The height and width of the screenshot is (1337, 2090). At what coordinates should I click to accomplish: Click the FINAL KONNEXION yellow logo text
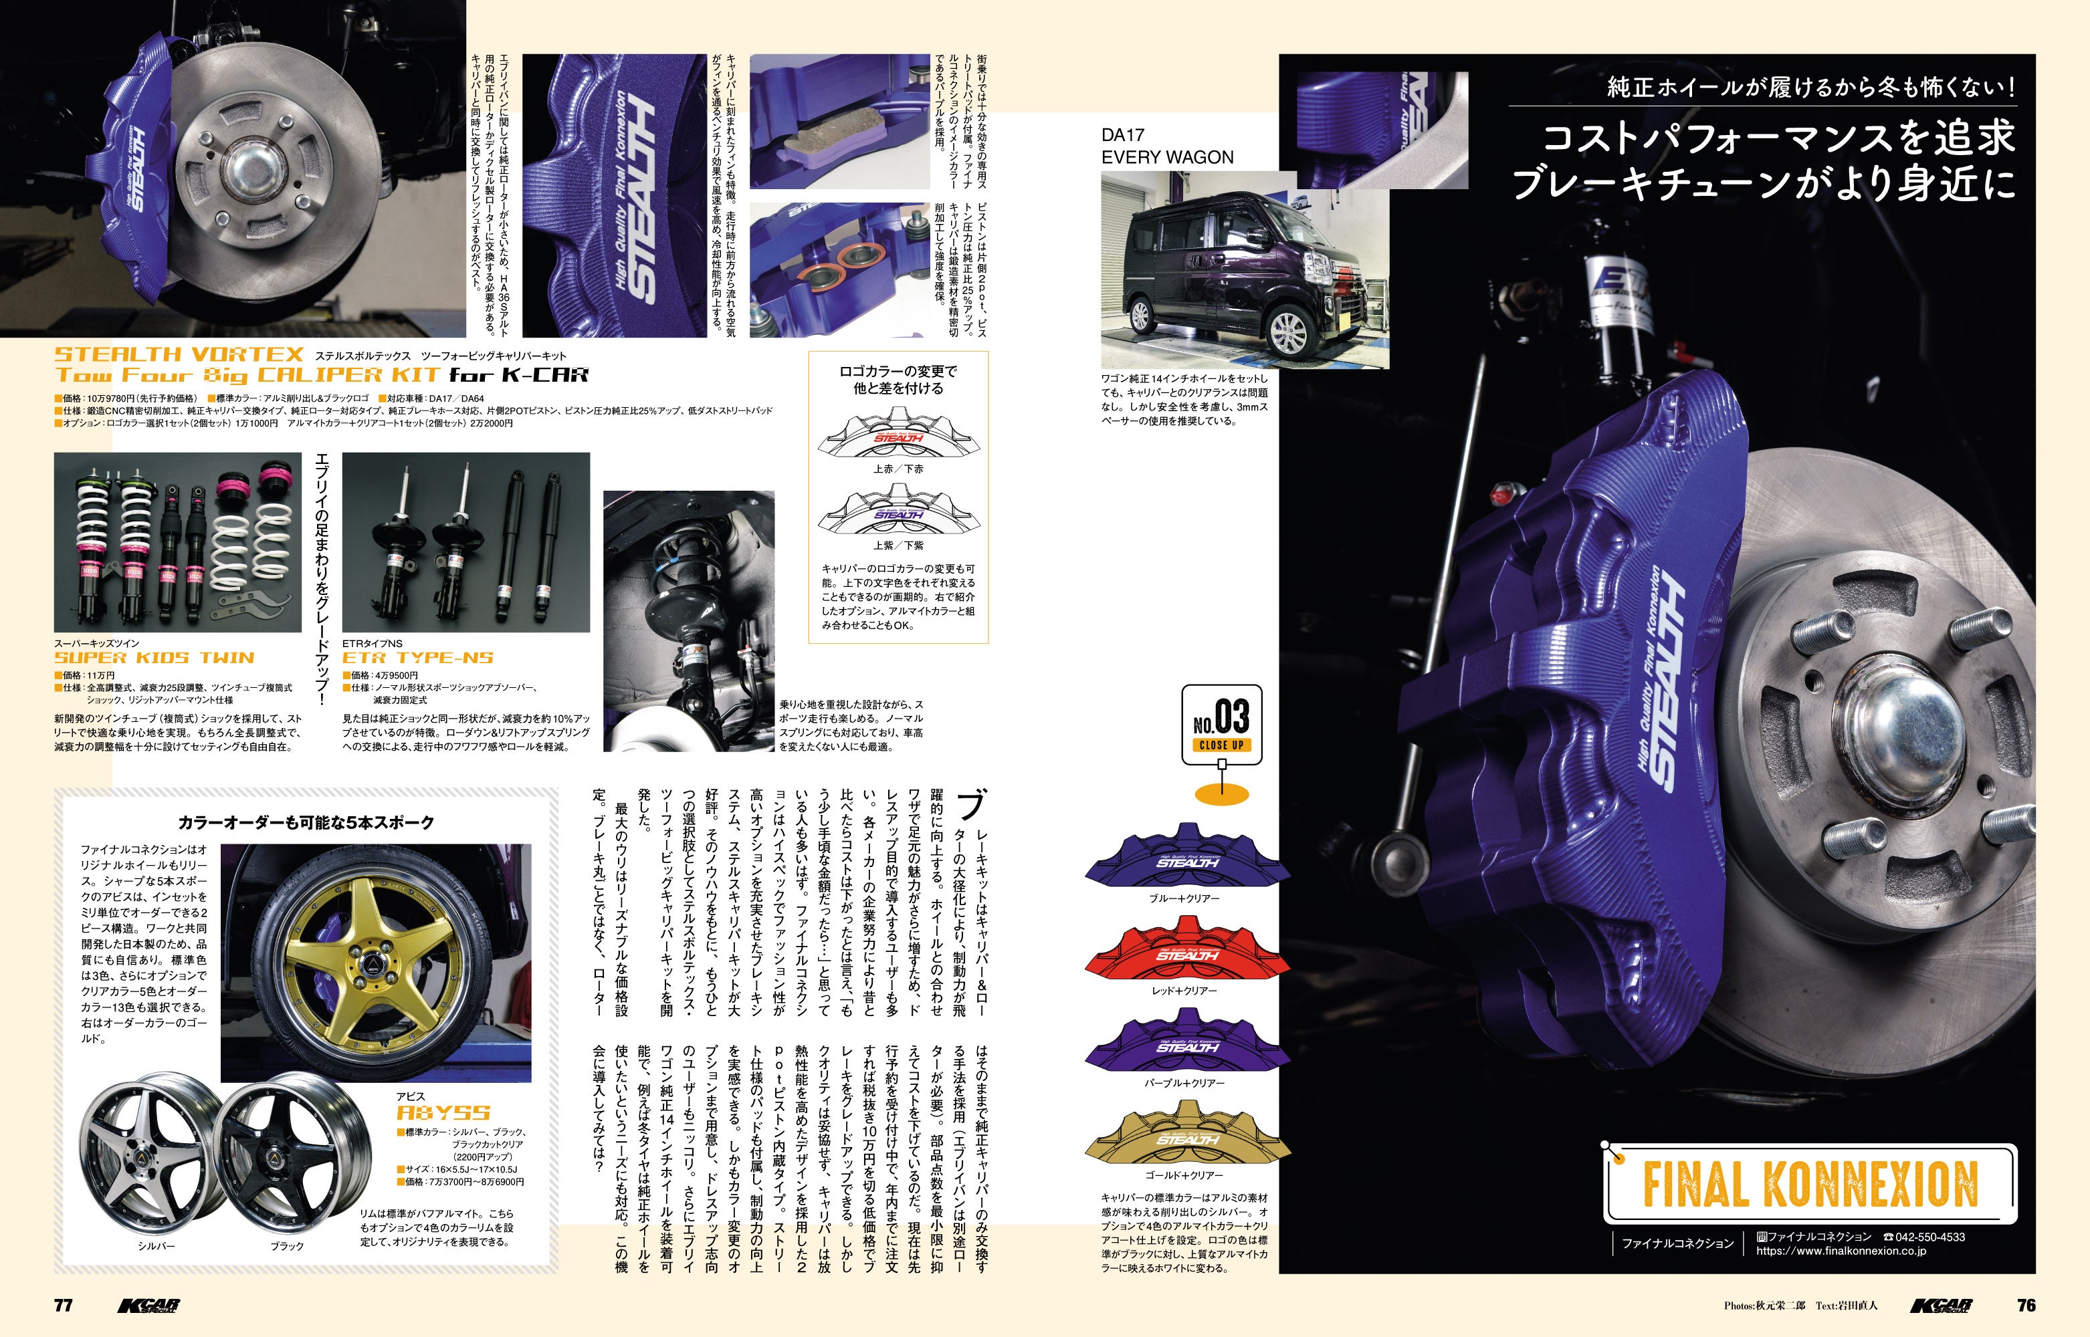click(x=1810, y=1184)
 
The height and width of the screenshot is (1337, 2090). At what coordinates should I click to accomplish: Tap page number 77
click(x=64, y=1306)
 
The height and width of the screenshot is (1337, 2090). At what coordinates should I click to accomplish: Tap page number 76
click(x=2026, y=1305)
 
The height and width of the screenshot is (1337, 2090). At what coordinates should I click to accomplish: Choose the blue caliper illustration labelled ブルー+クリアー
click(x=1187, y=858)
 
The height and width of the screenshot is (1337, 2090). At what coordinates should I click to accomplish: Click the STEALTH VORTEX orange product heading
click(x=179, y=354)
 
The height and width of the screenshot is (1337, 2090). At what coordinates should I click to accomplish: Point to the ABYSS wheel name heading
click(x=443, y=1112)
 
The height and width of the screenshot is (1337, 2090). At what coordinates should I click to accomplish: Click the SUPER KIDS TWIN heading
click(x=154, y=657)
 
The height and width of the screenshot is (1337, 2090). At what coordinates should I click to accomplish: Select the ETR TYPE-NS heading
click(x=417, y=657)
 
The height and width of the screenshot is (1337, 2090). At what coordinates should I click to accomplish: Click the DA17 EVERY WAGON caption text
click(x=1167, y=146)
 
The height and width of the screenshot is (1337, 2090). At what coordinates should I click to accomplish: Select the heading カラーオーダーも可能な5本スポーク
click(x=306, y=822)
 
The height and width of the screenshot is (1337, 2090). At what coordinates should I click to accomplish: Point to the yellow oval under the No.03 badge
click(x=1222, y=794)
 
